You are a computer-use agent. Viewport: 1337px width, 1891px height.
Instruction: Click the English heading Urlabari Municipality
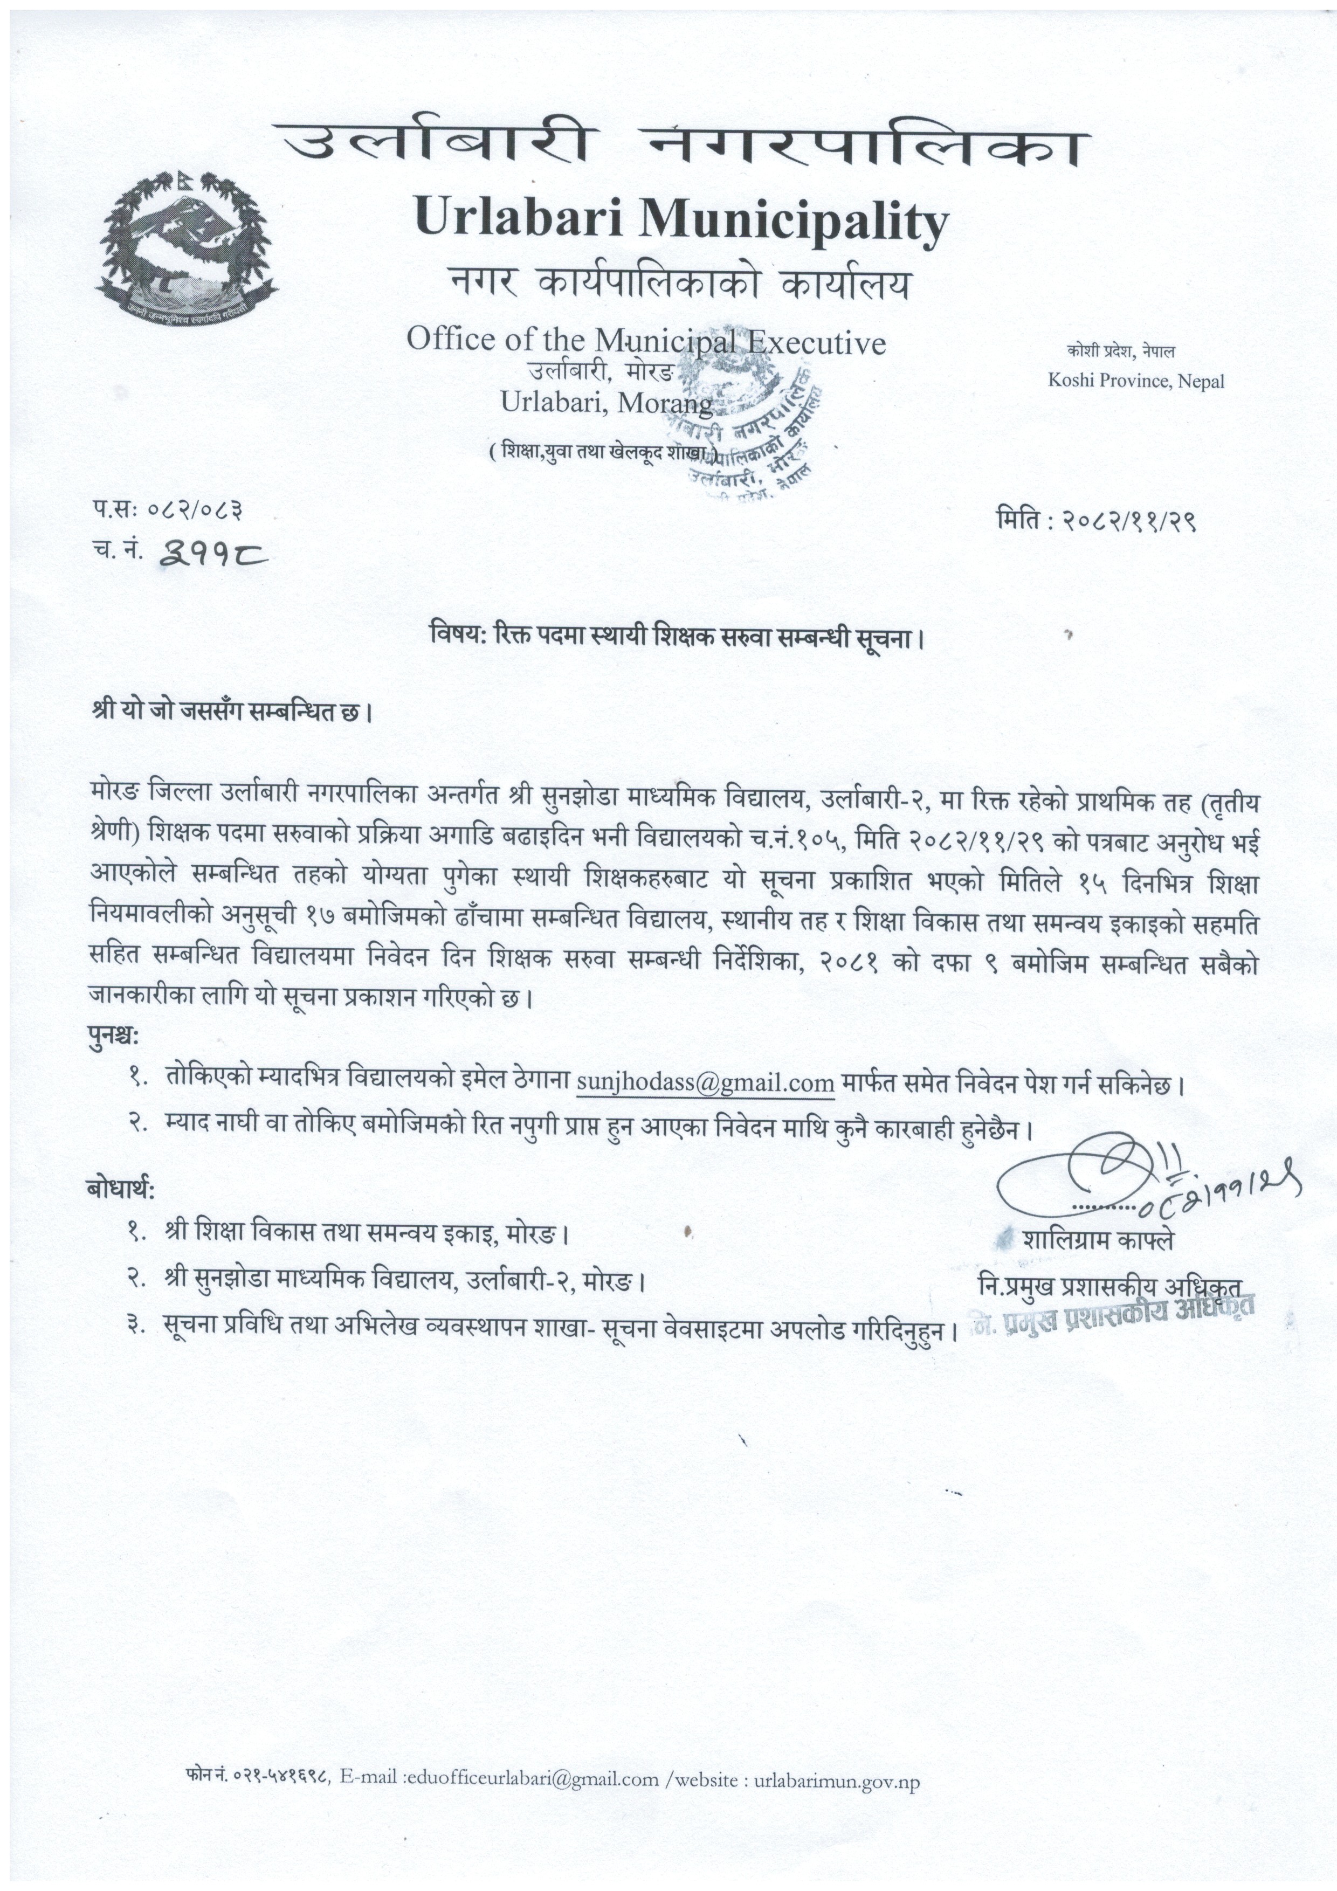tap(681, 220)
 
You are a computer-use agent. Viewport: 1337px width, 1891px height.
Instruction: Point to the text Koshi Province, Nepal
tap(1135, 381)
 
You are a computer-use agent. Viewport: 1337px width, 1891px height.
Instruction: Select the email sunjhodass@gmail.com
tap(705, 1083)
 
